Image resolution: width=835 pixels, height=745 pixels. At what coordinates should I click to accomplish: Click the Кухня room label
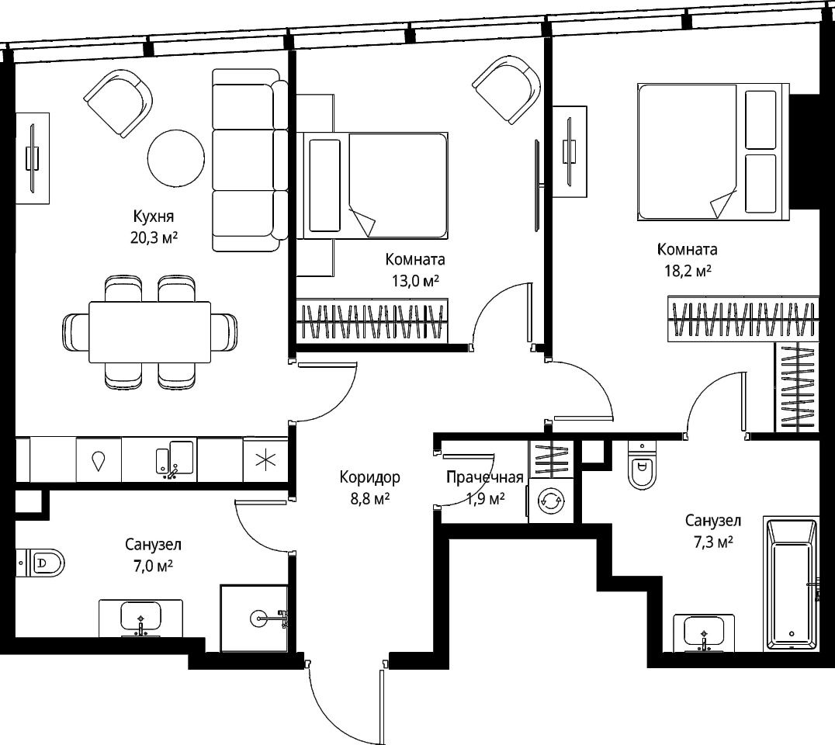tap(154, 217)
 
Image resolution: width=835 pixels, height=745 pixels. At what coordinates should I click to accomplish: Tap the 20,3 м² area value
tap(154, 237)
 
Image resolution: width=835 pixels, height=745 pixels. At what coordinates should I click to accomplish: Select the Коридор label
tap(369, 477)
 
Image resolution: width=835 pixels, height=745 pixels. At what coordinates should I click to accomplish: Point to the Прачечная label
tap(484, 477)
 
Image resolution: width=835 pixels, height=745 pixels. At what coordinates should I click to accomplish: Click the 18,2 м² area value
tap(688, 271)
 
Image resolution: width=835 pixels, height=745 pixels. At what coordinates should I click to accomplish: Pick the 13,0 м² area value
tap(415, 281)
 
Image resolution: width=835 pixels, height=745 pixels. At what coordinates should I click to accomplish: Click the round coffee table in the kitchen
tap(175, 158)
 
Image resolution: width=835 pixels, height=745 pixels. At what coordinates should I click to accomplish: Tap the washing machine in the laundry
tap(551, 501)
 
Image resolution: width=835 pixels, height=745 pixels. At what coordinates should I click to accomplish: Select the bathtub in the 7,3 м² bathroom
tap(791, 583)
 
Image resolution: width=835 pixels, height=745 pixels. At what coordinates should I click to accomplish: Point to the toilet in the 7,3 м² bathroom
tap(643, 465)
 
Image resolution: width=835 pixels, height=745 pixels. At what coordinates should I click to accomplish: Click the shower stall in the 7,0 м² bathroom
tap(255, 619)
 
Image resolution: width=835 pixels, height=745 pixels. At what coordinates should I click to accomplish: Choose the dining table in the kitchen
tap(150, 332)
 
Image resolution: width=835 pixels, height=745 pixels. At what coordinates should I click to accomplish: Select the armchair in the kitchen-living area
tap(118, 103)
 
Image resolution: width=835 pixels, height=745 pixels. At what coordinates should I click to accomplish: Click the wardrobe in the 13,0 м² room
tap(372, 321)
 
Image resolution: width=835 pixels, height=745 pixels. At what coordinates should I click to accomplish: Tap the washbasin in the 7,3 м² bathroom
tap(704, 632)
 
